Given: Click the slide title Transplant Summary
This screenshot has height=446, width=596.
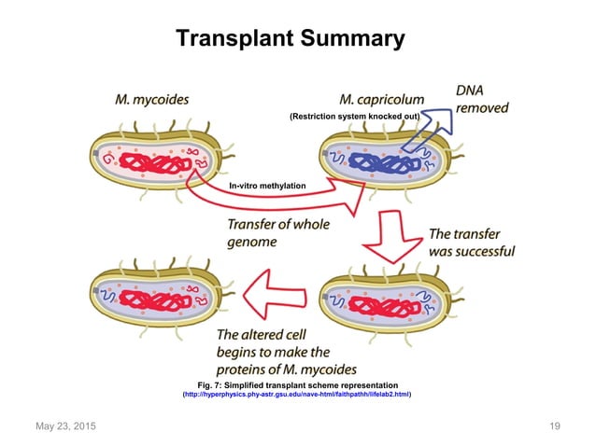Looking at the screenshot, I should [291, 38].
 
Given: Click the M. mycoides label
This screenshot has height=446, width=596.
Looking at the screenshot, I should [151, 96].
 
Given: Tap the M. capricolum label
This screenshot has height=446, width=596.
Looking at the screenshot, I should [382, 98].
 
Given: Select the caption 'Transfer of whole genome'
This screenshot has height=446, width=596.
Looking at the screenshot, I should [277, 233].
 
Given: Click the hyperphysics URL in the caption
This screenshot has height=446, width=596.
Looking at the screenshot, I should [297, 395].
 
